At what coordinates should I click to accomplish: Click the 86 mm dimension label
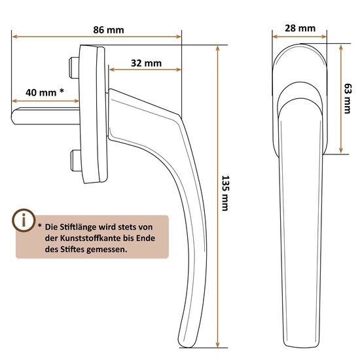click(x=109, y=30)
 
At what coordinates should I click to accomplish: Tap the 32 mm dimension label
click(x=146, y=63)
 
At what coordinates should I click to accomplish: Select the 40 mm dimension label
click(x=41, y=93)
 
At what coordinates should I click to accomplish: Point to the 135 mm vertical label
click(x=225, y=193)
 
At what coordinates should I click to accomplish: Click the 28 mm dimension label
click(x=300, y=28)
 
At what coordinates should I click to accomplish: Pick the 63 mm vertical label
click(x=348, y=98)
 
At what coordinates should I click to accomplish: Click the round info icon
click(x=24, y=220)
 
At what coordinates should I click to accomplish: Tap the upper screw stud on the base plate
click(x=74, y=67)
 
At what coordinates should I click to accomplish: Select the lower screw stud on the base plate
click(x=75, y=161)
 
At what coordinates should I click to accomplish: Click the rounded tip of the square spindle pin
click(x=14, y=116)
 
